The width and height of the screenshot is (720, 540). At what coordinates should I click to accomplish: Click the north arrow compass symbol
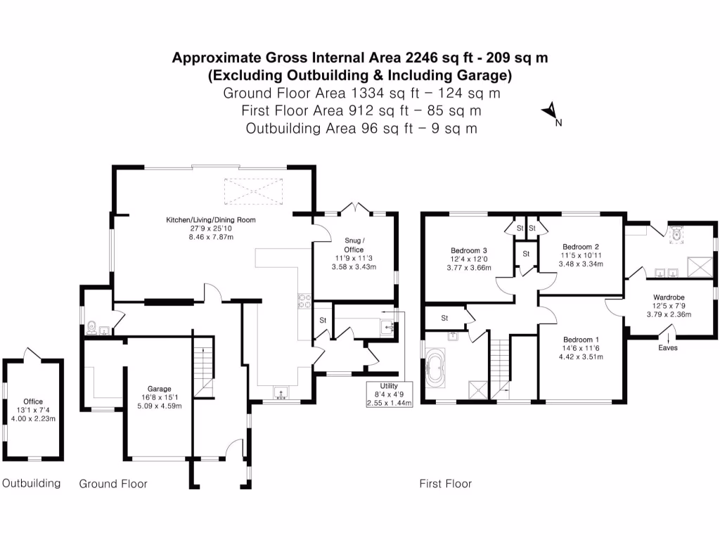tap(551, 112)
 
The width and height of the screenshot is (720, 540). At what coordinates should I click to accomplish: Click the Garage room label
tap(160, 388)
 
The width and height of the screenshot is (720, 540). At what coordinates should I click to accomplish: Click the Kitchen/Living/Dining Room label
tap(210, 220)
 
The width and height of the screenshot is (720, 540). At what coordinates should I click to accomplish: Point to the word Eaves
tap(668, 347)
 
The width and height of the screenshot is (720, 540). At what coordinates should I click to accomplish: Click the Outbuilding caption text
tap(31, 484)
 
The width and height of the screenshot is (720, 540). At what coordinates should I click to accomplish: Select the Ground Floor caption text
tap(113, 484)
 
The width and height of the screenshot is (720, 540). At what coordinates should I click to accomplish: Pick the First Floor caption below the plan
tap(445, 484)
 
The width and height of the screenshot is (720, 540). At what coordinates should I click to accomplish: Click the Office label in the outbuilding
tap(33, 402)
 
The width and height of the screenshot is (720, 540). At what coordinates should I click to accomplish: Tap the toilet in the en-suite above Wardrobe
tap(677, 233)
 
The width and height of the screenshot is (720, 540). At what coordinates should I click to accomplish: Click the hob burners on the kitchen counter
tap(304, 300)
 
